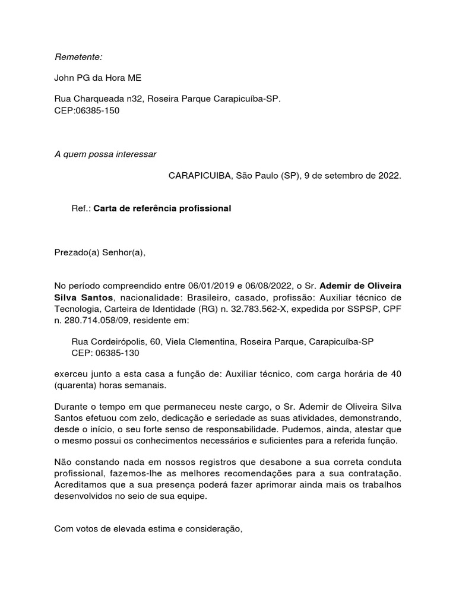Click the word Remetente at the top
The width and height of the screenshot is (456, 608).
coord(78,57)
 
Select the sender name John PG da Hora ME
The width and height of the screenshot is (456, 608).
coord(98,78)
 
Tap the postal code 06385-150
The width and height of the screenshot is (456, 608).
coord(96,110)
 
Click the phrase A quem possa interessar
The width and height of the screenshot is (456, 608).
coord(105,154)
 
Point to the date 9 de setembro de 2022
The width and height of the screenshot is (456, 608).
coord(352,176)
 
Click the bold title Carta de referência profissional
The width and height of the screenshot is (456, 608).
coord(162,209)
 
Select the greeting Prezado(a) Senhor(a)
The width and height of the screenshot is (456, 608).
coord(100,252)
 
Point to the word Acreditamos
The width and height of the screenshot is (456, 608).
coord(81,484)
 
